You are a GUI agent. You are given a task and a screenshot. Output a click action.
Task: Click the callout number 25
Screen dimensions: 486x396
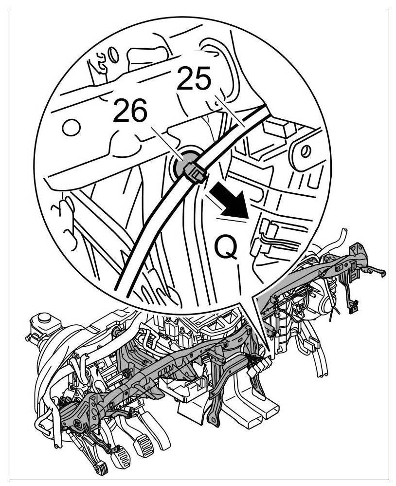click(194, 79)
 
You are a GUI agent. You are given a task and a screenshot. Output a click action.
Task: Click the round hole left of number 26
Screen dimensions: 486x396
click(71, 128)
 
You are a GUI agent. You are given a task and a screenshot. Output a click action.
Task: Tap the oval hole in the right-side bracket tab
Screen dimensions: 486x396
click(306, 151)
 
